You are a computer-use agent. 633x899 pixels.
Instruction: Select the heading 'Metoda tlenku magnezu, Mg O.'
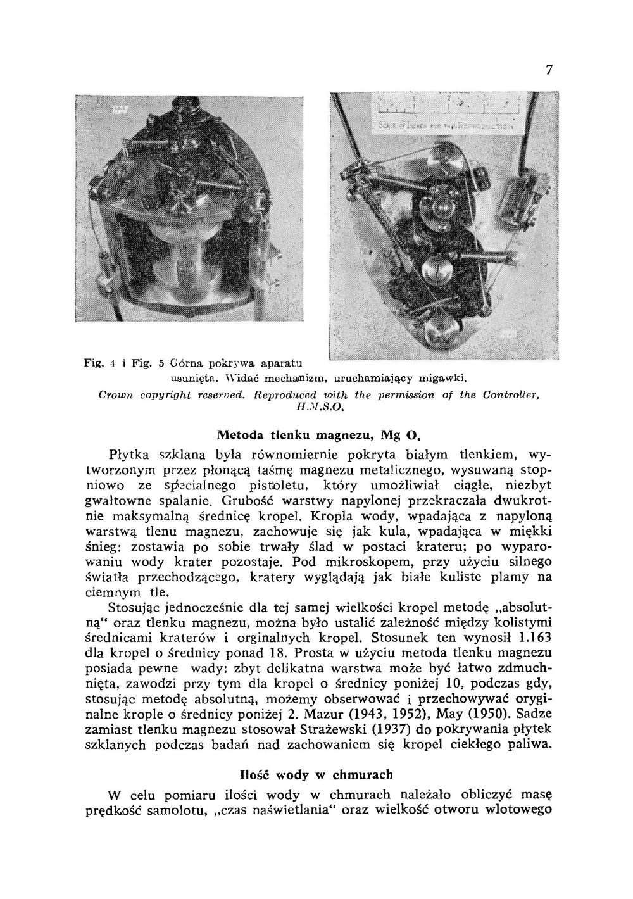(x=319, y=435)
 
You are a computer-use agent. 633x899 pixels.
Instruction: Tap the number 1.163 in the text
(x=534, y=637)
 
